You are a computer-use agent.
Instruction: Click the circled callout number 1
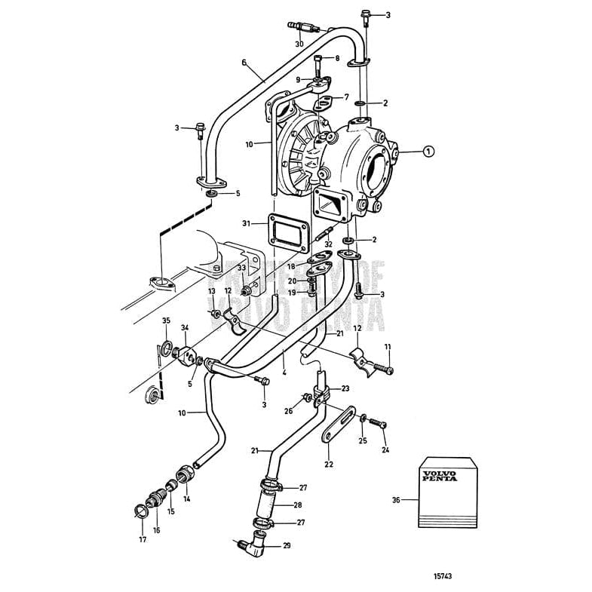[428, 152]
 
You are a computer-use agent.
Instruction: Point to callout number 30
[299, 44]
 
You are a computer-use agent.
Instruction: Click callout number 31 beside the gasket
[246, 223]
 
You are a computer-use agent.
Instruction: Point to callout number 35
[167, 321]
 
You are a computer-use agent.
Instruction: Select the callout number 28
[298, 505]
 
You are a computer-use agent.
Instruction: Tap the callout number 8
[337, 58]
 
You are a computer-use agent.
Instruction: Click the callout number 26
[289, 411]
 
